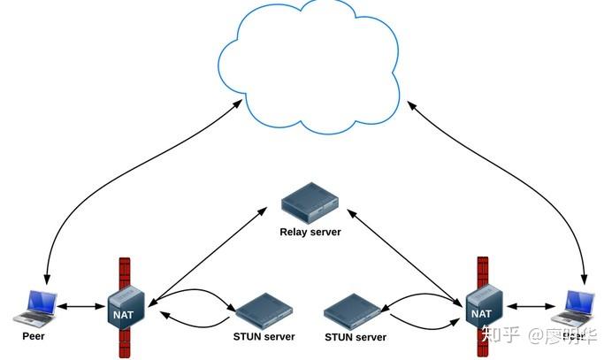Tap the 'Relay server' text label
tap(310, 232)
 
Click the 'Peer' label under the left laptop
tap(33, 337)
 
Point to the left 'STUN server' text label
tap(264, 337)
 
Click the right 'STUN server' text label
tap(356, 337)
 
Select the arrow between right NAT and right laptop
tap(528, 307)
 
